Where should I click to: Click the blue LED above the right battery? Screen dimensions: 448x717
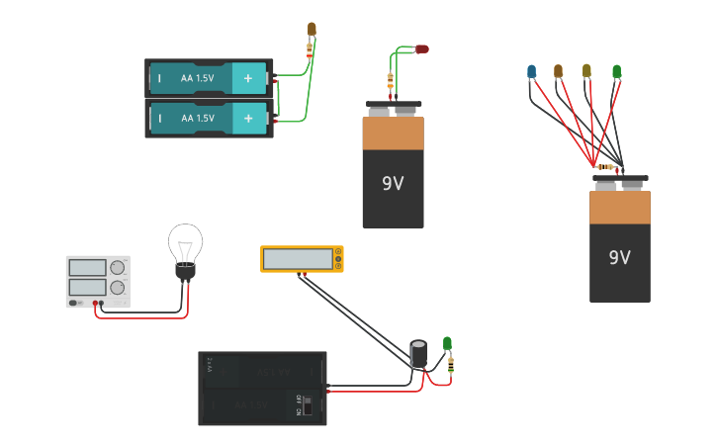(531, 71)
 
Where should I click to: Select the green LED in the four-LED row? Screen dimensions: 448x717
(616, 71)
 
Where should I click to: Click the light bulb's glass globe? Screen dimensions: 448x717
(185, 242)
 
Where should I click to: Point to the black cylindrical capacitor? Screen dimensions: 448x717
(418, 354)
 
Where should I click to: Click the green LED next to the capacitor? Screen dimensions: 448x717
(447, 344)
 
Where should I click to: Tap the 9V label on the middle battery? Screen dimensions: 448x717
(393, 183)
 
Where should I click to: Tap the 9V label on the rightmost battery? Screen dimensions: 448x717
(619, 258)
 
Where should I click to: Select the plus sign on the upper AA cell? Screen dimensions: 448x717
(248, 78)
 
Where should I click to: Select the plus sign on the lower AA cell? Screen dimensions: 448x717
(248, 118)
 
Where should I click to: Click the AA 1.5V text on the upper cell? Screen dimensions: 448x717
(197, 78)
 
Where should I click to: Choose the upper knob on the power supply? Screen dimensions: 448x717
(118, 267)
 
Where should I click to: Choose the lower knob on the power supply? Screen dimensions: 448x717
(118, 288)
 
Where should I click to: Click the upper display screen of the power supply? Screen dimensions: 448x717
(87, 267)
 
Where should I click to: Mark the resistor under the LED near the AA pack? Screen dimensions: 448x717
(311, 49)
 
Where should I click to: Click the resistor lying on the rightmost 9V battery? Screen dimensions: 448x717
(605, 167)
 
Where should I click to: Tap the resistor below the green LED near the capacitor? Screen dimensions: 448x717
(451, 366)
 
